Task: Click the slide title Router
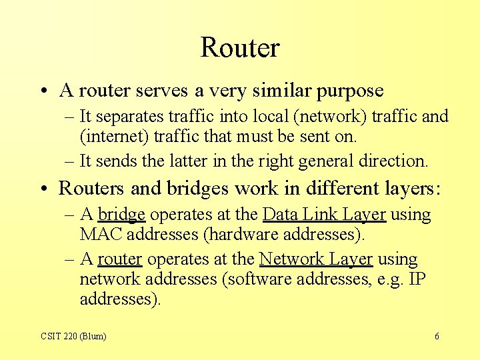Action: point(239,48)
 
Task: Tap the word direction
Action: point(393,161)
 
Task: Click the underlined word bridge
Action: point(121,215)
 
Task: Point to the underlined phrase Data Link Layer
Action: point(324,215)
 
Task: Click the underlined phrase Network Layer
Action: point(315,259)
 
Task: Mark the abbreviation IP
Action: point(417,279)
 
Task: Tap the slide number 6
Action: point(437,337)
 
